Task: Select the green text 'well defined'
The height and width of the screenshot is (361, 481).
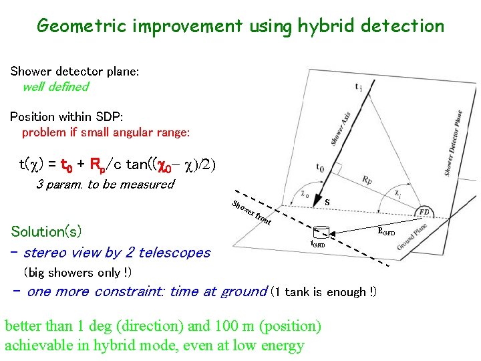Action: (55, 87)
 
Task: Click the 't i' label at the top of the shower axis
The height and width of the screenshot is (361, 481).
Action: (359, 86)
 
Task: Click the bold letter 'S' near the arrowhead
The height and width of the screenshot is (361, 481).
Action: (326, 201)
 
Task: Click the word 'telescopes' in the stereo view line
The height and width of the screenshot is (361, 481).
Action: (176, 253)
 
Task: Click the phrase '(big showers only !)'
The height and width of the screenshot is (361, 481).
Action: (77, 273)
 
